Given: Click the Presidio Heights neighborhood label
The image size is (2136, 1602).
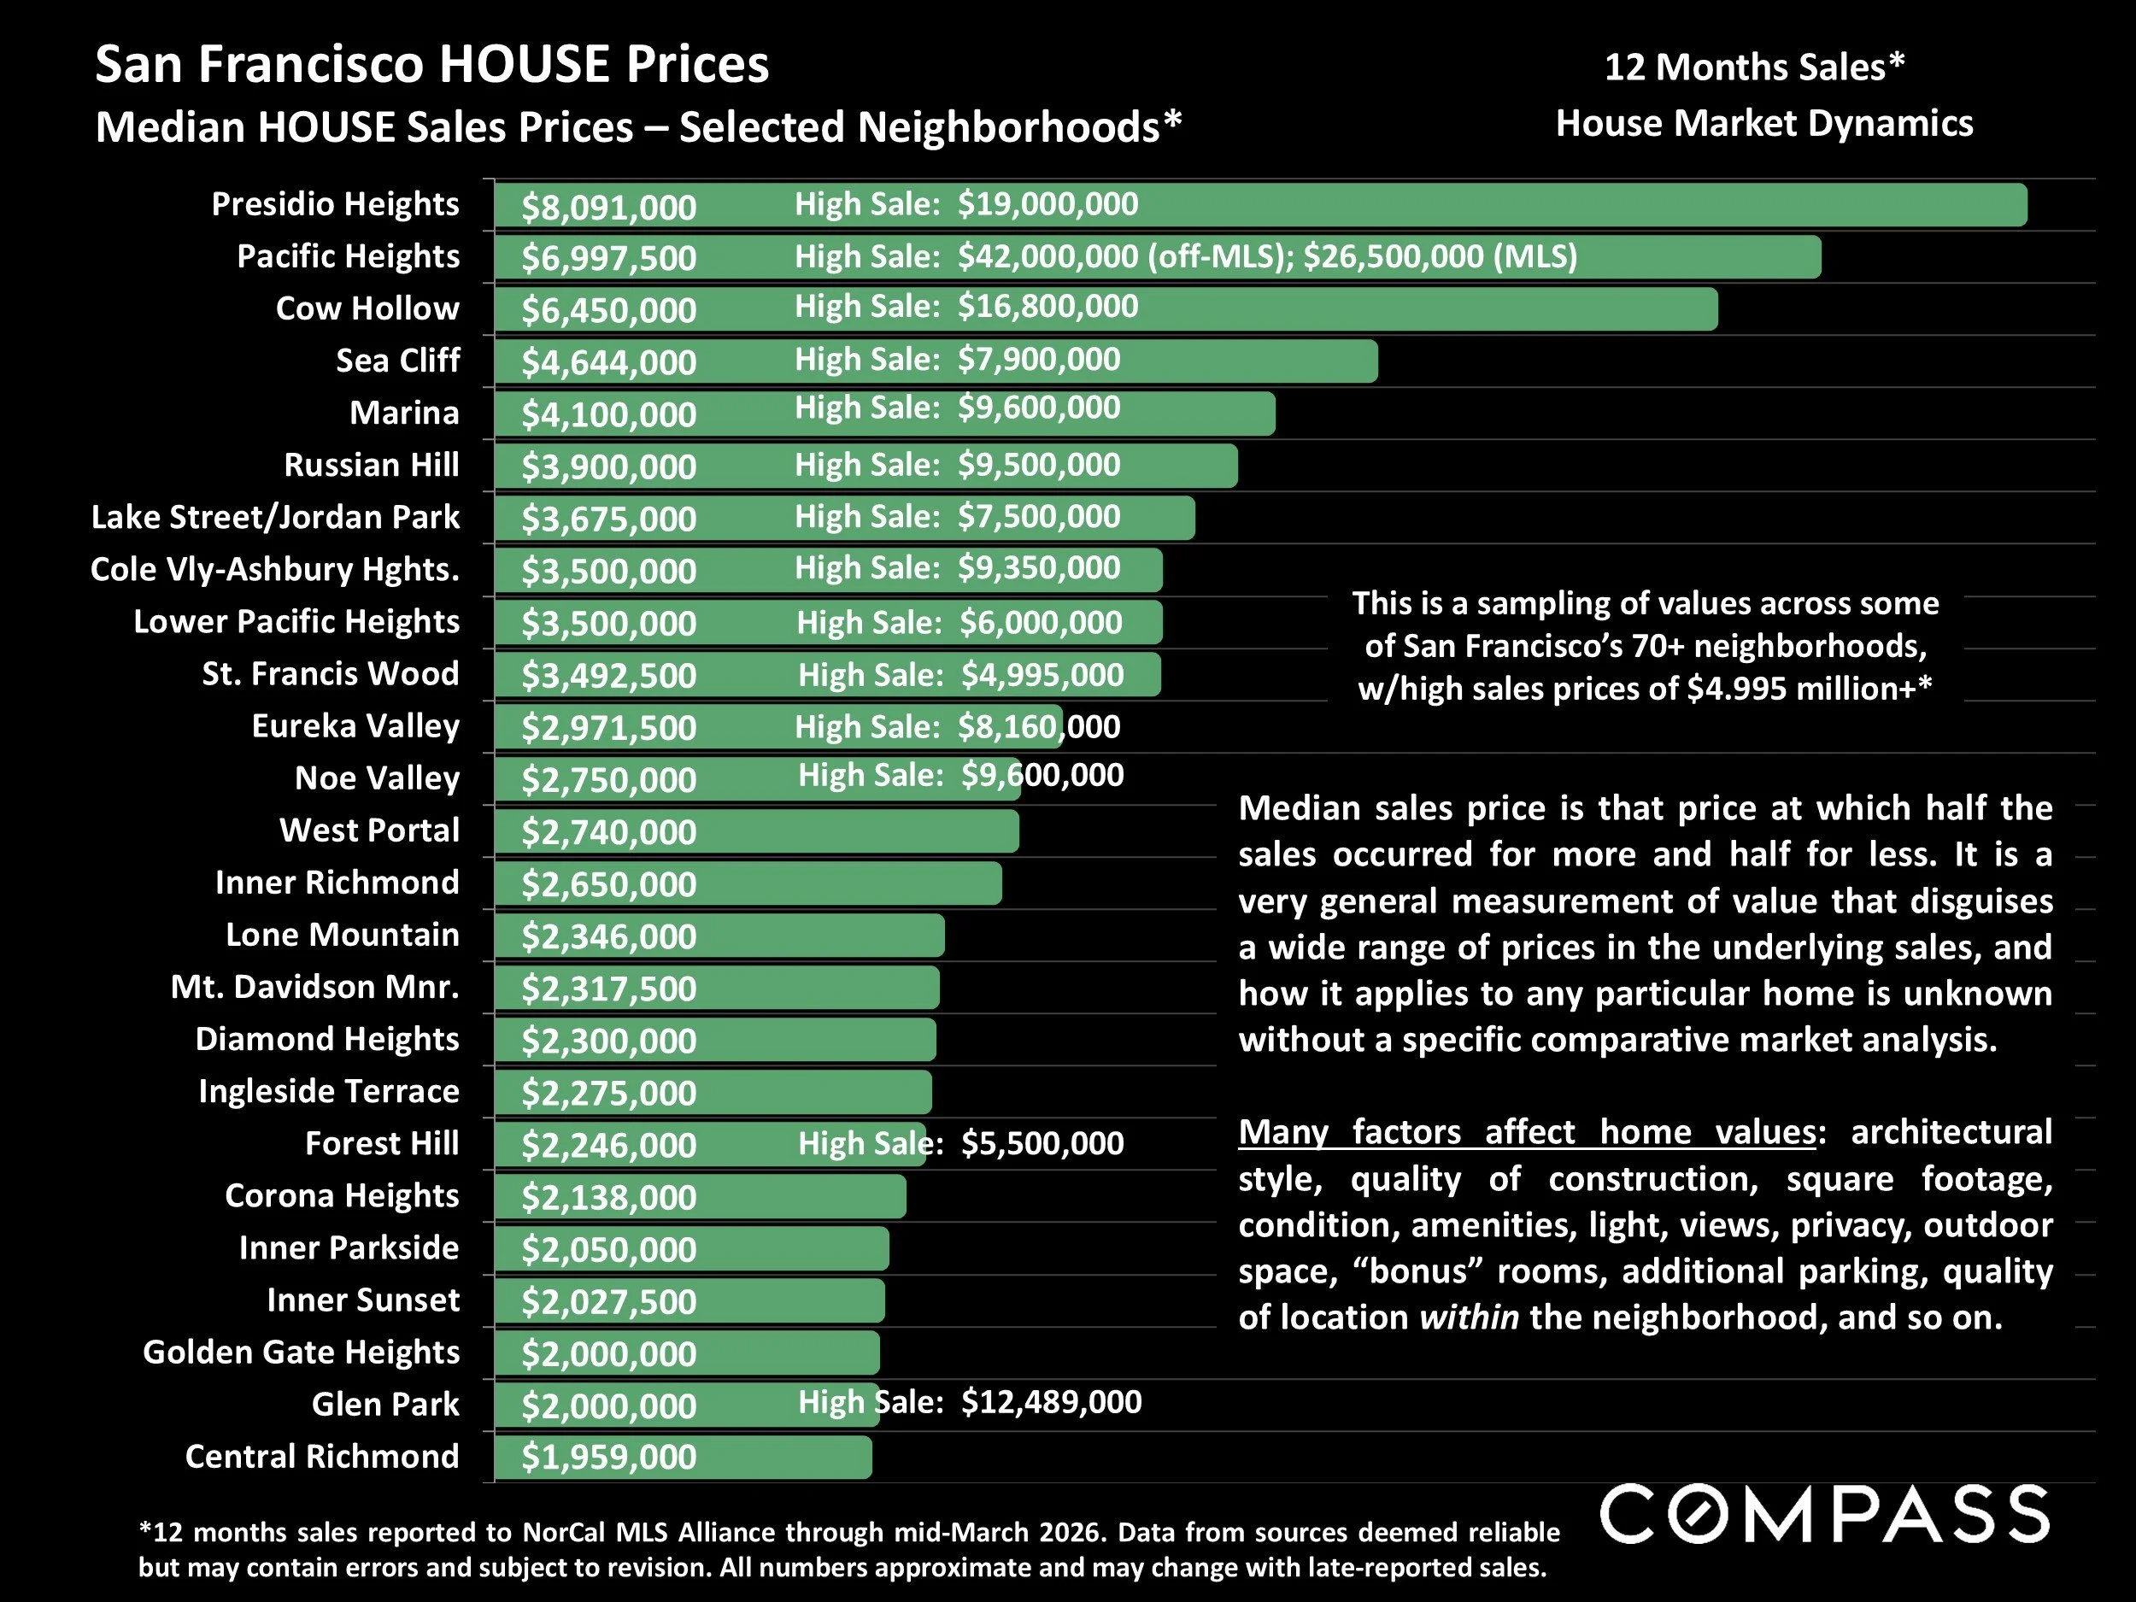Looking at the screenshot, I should coord(335,205).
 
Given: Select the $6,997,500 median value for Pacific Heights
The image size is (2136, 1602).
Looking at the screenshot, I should coord(608,258).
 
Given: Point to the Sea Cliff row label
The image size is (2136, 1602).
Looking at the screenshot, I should coord(397,361).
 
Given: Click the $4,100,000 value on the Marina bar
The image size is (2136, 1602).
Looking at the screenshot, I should coord(608,414).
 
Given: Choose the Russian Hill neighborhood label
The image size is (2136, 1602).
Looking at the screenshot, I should coord(371,465).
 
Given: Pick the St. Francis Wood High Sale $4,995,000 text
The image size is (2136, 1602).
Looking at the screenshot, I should coord(961,674).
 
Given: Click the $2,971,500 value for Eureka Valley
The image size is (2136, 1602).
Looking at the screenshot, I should coord(608,727).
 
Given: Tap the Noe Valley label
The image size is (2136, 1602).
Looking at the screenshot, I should coord(377,778).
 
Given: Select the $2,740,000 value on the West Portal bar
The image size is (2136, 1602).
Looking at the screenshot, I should coord(608,831).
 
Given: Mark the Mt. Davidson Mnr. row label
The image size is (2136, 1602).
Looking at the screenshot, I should coord(314,987).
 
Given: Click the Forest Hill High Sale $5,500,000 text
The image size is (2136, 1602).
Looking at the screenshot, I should coord(961,1143).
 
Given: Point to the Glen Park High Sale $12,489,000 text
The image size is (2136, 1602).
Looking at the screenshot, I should coord(970,1401).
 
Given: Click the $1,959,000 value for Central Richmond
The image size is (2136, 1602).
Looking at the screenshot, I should coord(608,1457).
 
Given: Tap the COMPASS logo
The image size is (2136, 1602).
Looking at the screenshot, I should coord(1825,1514).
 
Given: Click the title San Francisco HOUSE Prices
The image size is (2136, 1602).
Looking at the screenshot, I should coord(431,66).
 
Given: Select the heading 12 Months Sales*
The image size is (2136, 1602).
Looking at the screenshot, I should coord(1753,67).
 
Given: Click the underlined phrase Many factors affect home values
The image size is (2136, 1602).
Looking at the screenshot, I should coord(1527,1132).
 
